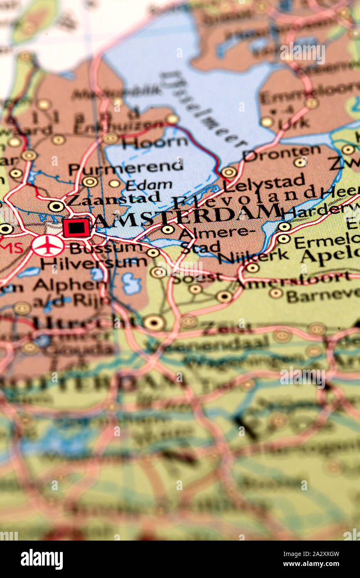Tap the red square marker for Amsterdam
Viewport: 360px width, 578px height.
76,228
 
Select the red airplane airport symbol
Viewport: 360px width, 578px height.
48,246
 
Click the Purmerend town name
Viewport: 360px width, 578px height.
126,167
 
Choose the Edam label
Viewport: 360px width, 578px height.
149,185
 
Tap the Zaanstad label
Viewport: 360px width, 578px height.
113,198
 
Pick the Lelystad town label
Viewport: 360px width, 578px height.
264,182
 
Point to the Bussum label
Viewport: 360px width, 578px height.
106,248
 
